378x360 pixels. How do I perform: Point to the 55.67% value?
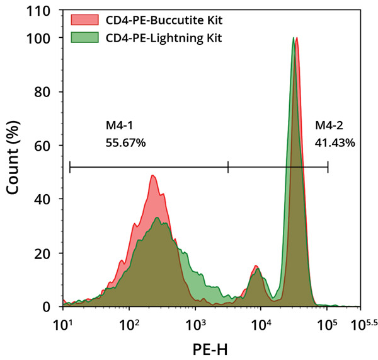click(126, 143)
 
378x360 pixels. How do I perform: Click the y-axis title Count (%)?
click(13, 160)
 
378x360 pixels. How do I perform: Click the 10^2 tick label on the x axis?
click(129, 323)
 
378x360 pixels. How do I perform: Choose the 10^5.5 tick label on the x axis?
click(361, 323)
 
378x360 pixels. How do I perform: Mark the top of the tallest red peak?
click(297, 38)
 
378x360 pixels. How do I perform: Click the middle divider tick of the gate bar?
click(228, 166)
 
